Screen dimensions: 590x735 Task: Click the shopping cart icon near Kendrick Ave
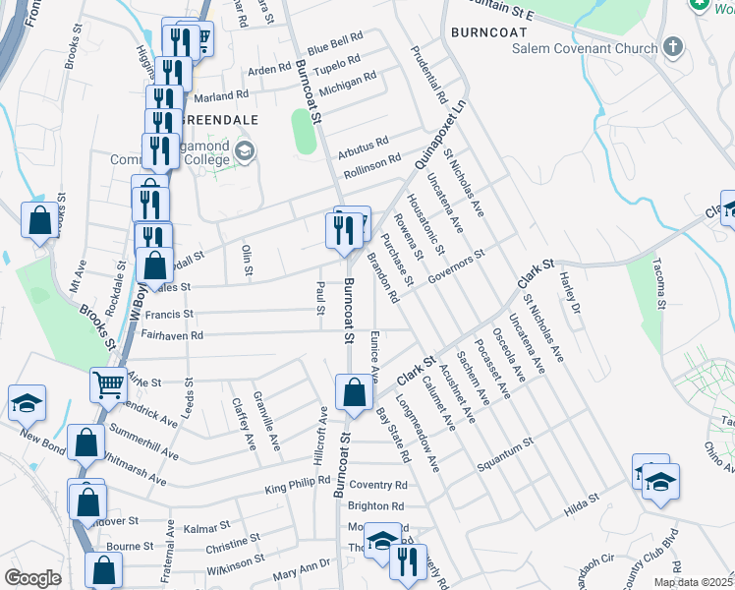(108, 383)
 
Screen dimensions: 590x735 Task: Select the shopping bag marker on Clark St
(354, 392)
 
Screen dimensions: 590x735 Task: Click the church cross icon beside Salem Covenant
(673, 46)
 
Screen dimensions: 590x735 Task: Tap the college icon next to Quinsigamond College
(245, 150)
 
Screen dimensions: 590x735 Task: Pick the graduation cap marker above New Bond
(28, 401)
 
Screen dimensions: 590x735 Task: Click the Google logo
(31, 578)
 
